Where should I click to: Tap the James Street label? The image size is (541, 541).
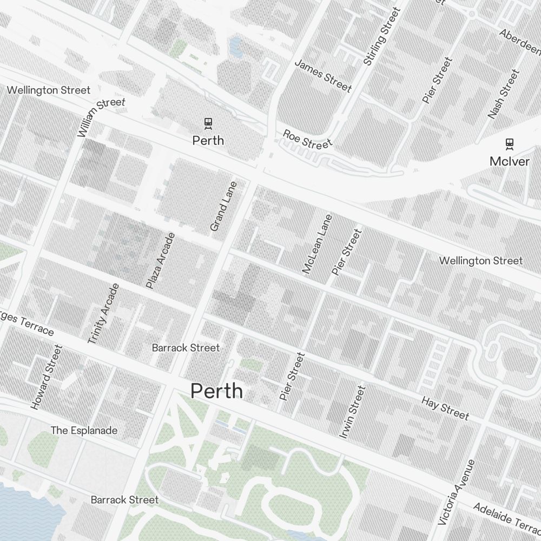(323, 76)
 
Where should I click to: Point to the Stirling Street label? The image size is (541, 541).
(382, 37)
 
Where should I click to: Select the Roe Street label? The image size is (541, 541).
(307, 139)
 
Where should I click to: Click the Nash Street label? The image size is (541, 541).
(503, 94)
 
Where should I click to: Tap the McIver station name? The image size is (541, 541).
(509, 161)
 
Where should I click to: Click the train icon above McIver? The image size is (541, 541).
(509, 144)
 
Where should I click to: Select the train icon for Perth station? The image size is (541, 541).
(208, 124)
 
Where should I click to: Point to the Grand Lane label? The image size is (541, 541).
(223, 207)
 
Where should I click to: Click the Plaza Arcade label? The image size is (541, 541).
(161, 260)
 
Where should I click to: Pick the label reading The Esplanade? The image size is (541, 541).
(84, 431)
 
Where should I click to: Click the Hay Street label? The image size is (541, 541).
(445, 407)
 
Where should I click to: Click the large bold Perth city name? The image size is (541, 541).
(216, 391)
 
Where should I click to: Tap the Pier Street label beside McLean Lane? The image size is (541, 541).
(346, 252)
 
